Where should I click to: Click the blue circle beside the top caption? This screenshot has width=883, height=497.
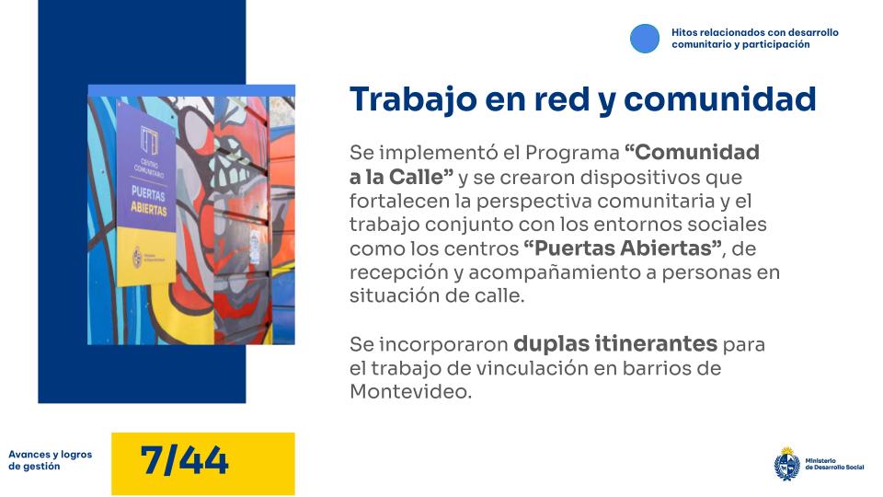[645, 38]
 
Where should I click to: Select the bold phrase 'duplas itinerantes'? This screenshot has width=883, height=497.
[615, 344]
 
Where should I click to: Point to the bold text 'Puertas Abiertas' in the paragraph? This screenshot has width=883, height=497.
[623, 248]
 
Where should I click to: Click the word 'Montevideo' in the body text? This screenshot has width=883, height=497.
[408, 391]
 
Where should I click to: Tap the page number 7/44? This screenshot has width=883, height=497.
[185, 461]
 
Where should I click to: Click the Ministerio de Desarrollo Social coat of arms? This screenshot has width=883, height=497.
[786, 463]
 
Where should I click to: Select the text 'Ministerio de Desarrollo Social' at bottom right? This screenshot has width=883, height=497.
[834, 464]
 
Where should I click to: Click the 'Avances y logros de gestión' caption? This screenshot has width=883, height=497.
[51, 460]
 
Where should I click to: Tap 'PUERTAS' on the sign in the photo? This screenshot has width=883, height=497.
[153, 195]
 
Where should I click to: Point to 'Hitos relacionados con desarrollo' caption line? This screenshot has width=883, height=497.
[754, 32]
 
